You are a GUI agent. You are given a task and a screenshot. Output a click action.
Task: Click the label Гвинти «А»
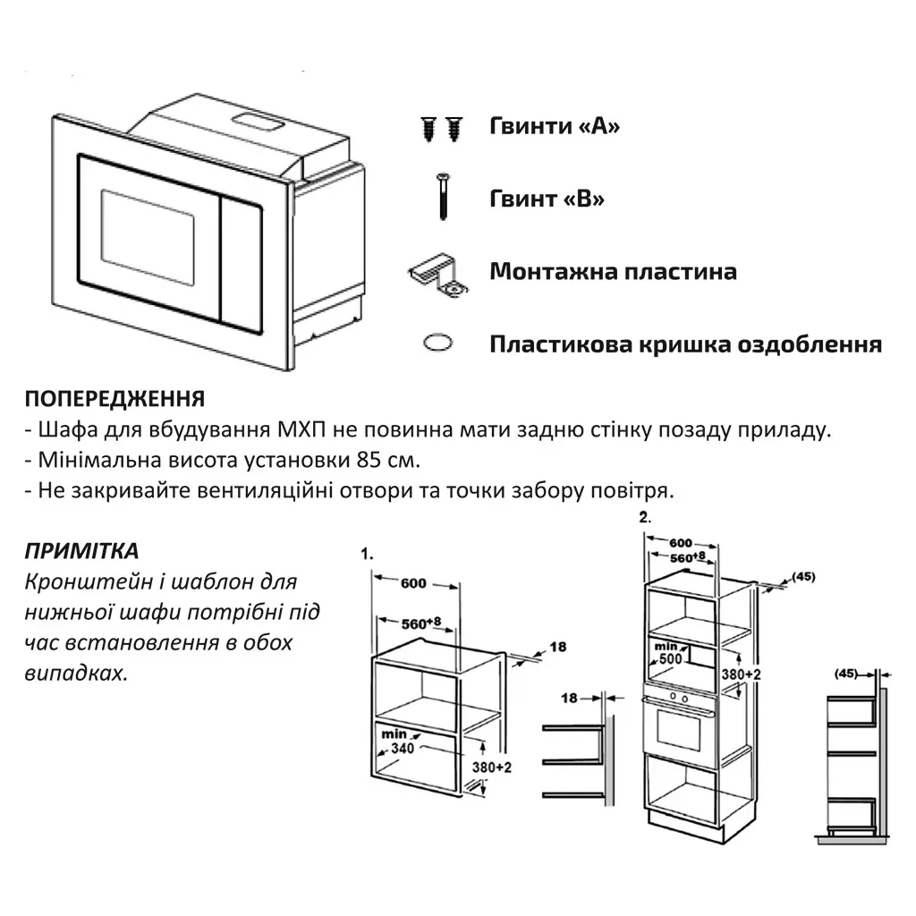[x=555, y=126]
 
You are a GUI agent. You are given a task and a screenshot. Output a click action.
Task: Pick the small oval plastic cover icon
[x=437, y=343]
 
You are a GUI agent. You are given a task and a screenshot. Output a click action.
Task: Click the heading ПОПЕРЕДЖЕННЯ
[x=114, y=399]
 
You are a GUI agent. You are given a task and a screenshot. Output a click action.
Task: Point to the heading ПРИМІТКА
[x=81, y=551]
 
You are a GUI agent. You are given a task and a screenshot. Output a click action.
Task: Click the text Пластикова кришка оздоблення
[x=685, y=344]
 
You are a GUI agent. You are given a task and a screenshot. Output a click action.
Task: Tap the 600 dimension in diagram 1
[x=413, y=583]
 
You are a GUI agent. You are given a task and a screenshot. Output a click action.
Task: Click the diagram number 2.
[x=645, y=517]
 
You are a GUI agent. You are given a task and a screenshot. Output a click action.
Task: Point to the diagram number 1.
[x=366, y=554]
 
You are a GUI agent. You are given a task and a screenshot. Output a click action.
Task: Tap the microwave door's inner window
[x=147, y=236]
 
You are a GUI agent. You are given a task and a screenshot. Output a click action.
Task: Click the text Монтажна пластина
[x=613, y=272]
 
